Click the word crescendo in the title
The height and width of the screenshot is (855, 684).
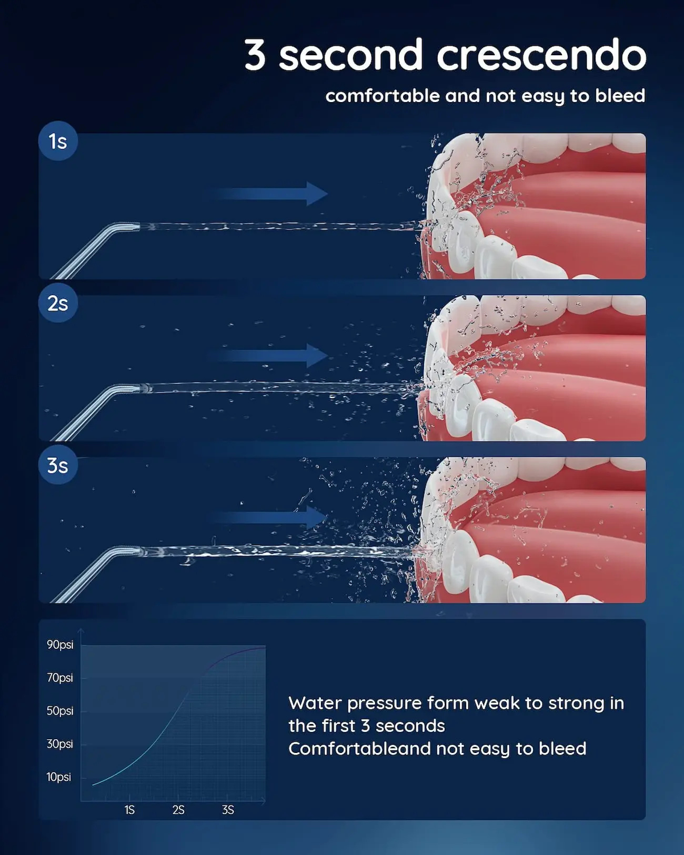tap(541, 55)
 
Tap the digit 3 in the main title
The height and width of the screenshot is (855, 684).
tap(255, 55)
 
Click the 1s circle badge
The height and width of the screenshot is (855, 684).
tap(58, 141)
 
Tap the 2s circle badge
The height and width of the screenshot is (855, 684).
tap(58, 303)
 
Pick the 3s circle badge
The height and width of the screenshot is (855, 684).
tap(58, 465)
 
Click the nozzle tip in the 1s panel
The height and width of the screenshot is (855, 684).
tap(138, 227)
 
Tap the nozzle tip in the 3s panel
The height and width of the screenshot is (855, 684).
tap(139, 551)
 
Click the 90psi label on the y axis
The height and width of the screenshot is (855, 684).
tap(60, 645)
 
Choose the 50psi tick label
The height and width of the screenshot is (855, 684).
tap(60, 711)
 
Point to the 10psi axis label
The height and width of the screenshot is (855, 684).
tap(59, 777)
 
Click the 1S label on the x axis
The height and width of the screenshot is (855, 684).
tap(129, 810)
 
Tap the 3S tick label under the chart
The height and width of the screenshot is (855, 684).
tap(228, 810)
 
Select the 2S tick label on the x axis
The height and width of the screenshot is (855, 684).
tap(178, 810)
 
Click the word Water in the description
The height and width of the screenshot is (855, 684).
tap(315, 703)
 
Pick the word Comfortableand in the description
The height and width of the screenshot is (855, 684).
tap(360, 749)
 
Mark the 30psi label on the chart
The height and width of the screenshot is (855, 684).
tap(60, 744)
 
